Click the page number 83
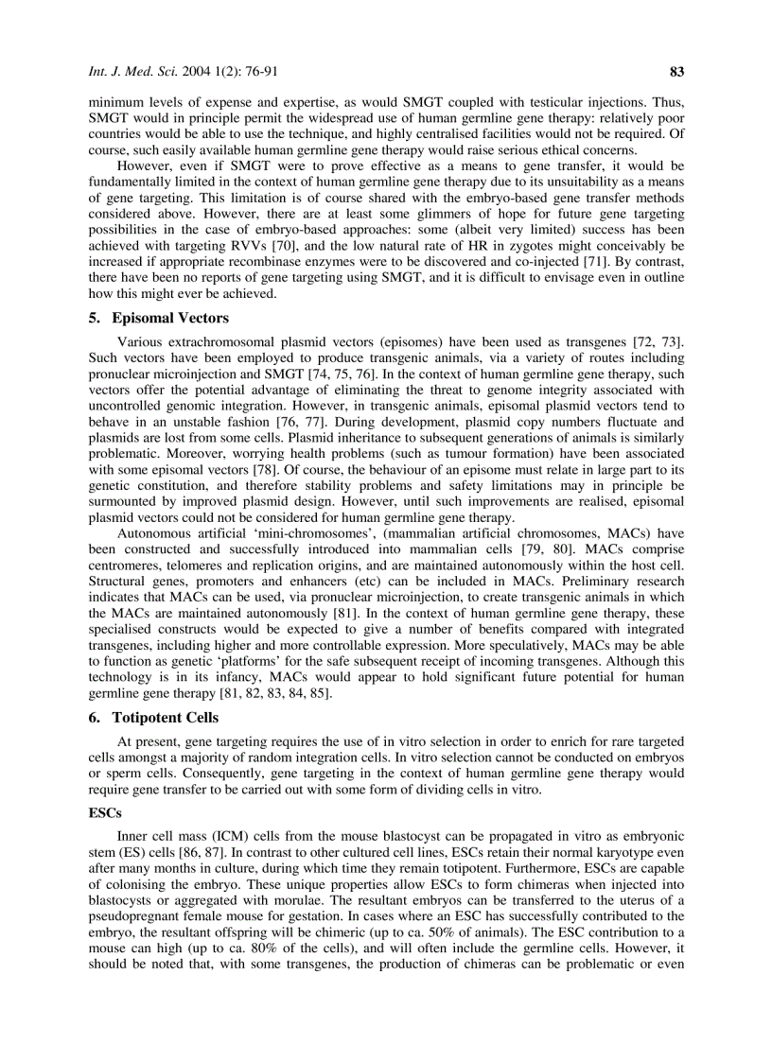click(x=676, y=71)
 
